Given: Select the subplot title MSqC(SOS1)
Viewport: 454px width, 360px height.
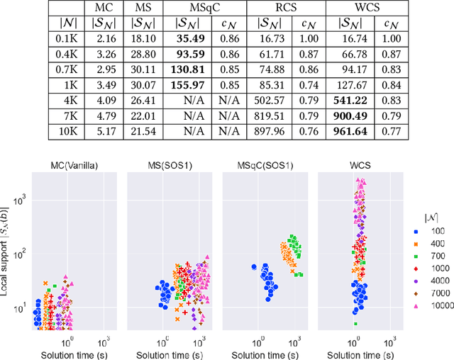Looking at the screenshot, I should pos(265,166).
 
